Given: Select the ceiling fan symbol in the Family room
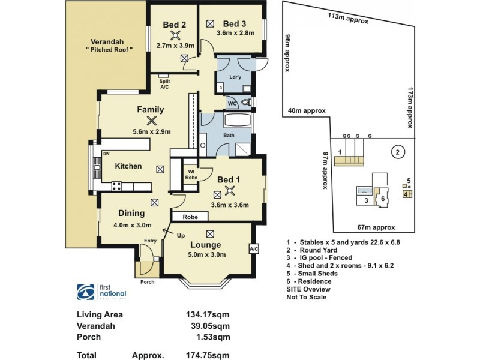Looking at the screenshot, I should click(150, 120).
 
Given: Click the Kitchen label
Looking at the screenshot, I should click(128, 166).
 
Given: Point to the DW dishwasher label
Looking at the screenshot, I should click(106, 154).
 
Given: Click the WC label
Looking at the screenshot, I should click(232, 103).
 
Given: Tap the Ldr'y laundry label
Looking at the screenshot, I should click(236, 77).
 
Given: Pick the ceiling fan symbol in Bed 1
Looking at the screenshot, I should click(229, 191).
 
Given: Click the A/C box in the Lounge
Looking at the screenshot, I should click(253, 248).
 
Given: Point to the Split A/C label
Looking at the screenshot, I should click(164, 85).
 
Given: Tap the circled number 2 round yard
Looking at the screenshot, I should click(396, 152).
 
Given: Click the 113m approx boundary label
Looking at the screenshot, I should click(348, 17).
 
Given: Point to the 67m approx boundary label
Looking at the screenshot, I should click(376, 227).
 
